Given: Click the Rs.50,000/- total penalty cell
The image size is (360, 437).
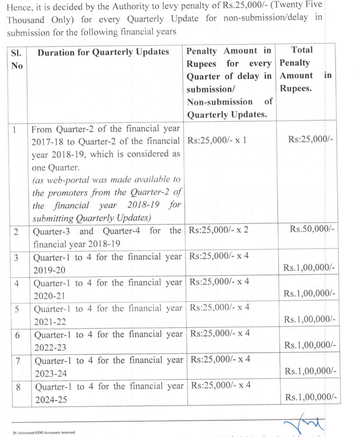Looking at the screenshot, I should click(x=313, y=230).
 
